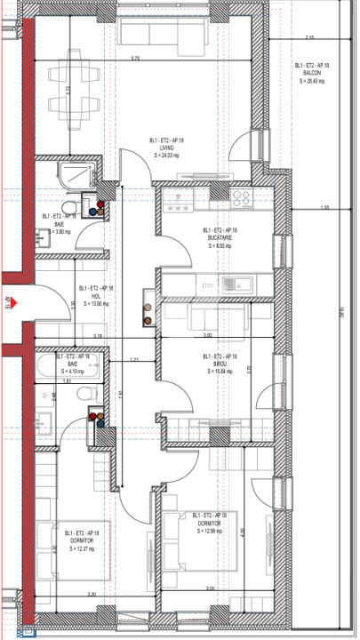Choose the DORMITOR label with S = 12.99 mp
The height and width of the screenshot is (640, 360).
(209, 524)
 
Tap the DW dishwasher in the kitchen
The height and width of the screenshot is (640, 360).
(208, 285)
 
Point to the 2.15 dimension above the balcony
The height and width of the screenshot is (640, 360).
(309, 37)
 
